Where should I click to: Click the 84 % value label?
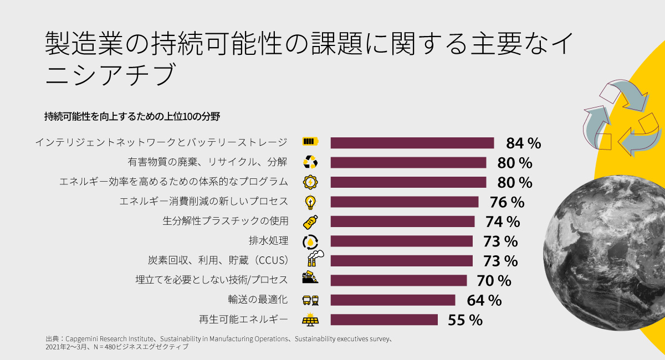tap(523, 143)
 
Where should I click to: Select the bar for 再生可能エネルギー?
tap(384, 320)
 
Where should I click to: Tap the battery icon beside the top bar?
tap(310, 142)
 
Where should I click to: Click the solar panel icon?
tap(310, 320)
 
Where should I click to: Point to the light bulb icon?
tap(310, 201)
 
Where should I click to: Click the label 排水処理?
tap(269, 241)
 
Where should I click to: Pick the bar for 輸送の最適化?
tap(393, 300)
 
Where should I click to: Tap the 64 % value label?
tap(484, 300)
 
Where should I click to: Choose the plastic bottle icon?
tap(310, 222)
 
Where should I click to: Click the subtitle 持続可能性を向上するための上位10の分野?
tap(132, 116)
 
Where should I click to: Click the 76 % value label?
tap(507, 202)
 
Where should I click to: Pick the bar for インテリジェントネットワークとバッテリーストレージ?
tap(412, 143)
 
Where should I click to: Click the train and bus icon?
tap(310, 300)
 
